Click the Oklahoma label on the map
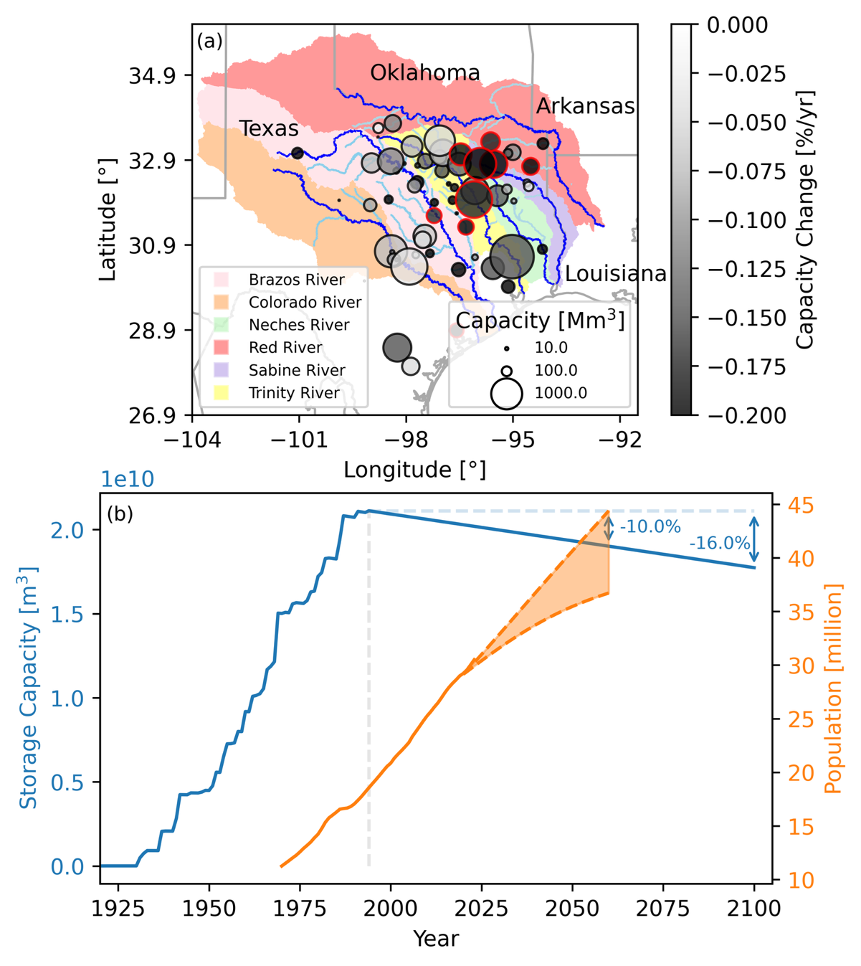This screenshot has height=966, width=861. (x=424, y=73)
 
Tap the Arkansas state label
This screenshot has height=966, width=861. (x=585, y=106)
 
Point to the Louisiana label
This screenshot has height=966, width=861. (x=615, y=274)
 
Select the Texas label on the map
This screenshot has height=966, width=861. (x=269, y=128)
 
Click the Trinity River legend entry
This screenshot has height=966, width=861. (x=294, y=393)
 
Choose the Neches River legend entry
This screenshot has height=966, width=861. (x=298, y=325)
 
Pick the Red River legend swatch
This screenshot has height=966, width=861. (x=222, y=348)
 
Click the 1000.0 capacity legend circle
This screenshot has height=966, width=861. (x=506, y=393)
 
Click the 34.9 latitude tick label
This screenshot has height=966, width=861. (x=151, y=76)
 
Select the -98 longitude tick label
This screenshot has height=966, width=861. (x=406, y=440)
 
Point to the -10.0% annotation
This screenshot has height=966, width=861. (x=650, y=527)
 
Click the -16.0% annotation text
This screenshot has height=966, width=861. (x=719, y=544)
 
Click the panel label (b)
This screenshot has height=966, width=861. (x=120, y=514)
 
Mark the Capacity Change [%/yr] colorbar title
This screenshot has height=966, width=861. (x=806, y=220)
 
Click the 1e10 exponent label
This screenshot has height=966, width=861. (x=127, y=479)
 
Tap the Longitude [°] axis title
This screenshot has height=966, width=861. (x=414, y=470)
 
